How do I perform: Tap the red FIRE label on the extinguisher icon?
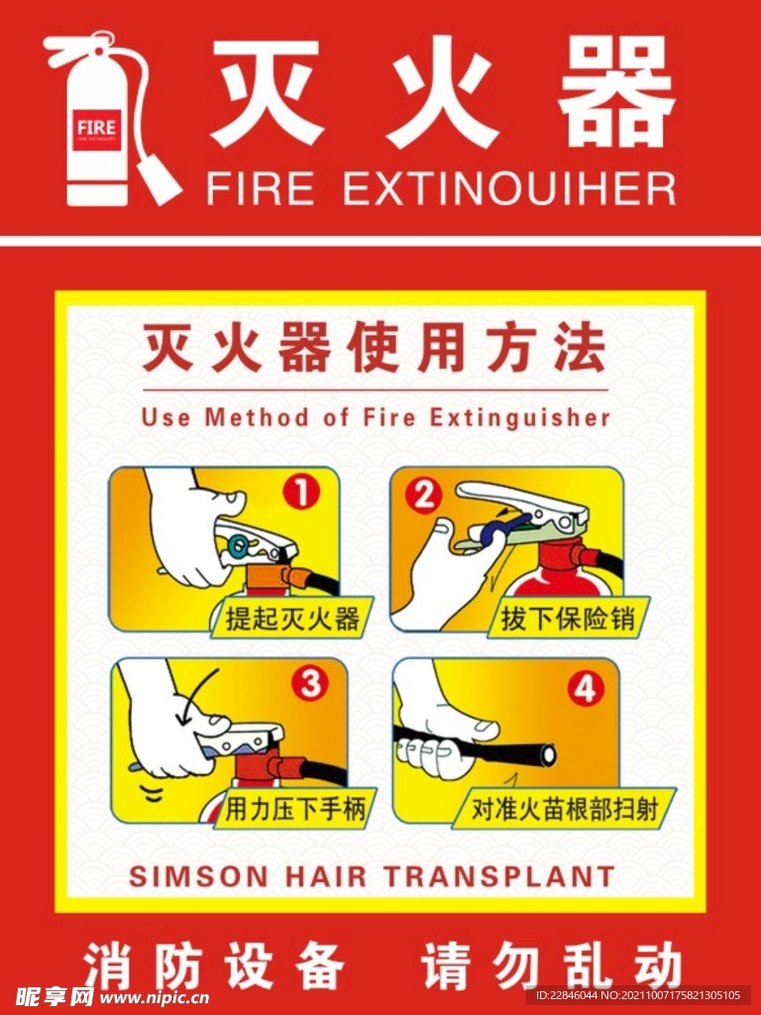[96, 128]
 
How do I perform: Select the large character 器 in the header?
[615, 95]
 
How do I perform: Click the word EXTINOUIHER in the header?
[509, 188]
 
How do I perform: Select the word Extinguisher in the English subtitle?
[520, 417]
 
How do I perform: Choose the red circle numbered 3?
[311, 682]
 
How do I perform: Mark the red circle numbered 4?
[585, 688]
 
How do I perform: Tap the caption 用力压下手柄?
[295, 810]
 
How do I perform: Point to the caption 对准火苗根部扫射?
[564, 811]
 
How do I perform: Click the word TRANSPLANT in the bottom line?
[498, 877]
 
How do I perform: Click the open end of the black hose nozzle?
[544, 755]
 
